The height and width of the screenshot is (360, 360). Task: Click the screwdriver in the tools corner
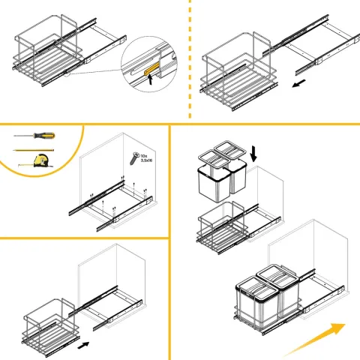(34, 136)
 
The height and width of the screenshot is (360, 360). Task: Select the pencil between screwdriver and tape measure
(34, 151)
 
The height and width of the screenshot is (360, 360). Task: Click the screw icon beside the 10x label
(134, 158)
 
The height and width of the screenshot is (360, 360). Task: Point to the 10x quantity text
(144, 156)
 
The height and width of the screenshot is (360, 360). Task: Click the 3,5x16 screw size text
(146, 160)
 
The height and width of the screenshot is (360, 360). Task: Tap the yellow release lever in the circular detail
(151, 69)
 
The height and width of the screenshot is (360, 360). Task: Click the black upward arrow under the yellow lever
(150, 79)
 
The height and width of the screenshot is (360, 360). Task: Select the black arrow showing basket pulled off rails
(298, 83)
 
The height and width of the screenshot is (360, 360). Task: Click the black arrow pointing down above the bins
(253, 154)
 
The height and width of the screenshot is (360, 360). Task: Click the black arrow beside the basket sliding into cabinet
(83, 345)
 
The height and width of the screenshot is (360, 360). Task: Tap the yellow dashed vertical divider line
(190, 58)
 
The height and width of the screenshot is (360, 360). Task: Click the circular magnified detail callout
(149, 64)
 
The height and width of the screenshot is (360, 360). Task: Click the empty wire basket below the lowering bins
(223, 227)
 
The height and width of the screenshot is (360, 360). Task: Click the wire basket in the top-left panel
(48, 50)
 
